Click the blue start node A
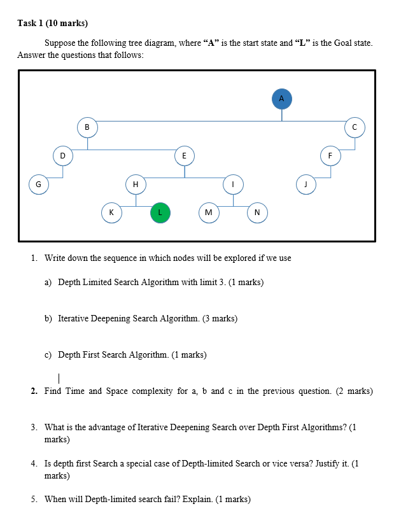pos(282,98)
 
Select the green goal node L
pos(160,213)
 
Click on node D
pos(62,155)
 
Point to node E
pos(184,155)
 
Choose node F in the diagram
pos(330,155)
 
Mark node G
pos(38,184)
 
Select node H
pos(135,184)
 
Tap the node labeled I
pos(233,184)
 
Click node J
pos(306,184)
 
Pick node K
pos(111,213)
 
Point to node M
pos(208,213)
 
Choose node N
pos(257,213)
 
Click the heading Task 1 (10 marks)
pos(52,24)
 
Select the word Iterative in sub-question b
pos(74,318)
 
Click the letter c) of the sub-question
pos(48,354)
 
